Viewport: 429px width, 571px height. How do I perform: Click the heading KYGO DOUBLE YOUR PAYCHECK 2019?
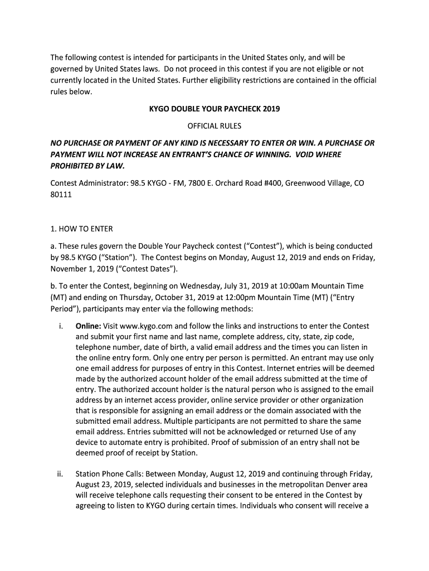coord(214,109)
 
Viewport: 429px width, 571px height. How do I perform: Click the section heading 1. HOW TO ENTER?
coord(81,229)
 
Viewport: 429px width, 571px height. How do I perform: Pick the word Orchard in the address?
coord(209,183)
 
